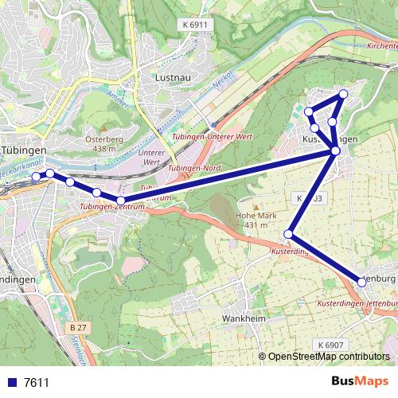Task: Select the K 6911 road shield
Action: coord(195,25)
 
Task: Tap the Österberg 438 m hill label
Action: coord(104,143)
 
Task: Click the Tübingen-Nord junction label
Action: coord(195,169)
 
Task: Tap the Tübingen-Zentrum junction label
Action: coord(114,207)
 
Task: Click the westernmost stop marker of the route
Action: coord(36,176)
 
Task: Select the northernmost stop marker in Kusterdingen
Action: coord(343,94)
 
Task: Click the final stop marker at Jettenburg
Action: coord(362,282)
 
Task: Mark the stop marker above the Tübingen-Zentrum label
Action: coord(120,201)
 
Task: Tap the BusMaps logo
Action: coord(360,381)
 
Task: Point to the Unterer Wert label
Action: coord(151,158)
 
